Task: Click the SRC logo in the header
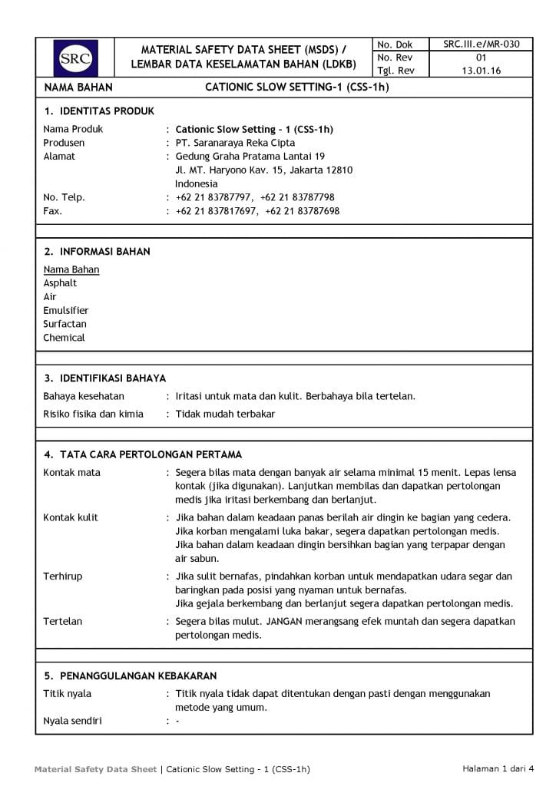[x=75, y=58]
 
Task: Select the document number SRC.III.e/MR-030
[x=482, y=45]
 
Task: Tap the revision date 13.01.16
[x=482, y=71]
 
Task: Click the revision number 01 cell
[x=482, y=58]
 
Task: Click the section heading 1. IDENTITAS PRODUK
[x=99, y=111]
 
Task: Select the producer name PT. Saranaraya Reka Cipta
[x=235, y=143]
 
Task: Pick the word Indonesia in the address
[x=197, y=184]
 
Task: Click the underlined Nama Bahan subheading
[x=71, y=269]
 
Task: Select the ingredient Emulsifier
[x=66, y=311]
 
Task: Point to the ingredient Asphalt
[x=60, y=283]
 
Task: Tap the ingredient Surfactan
[x=65, y=324]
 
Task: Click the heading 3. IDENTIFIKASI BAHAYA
[x=104, y=378]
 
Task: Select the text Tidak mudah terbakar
[x=225, y=414]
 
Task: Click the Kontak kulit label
[x=71, y=517]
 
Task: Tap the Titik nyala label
[x=67, y=694]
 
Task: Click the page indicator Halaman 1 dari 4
[x=497, y=768]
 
